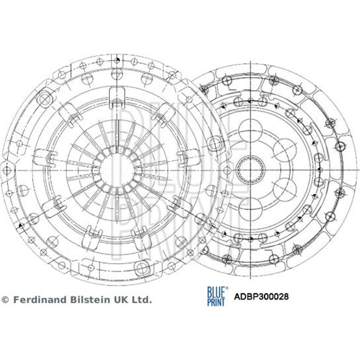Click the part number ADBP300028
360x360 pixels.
point(261,297)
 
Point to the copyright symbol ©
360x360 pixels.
point(5,299)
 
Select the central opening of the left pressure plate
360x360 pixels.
point(117,169)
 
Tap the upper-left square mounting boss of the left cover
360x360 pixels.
point(45,98)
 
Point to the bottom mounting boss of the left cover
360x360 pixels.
point(142,269)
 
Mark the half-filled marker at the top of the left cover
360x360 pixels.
point(117,59)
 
